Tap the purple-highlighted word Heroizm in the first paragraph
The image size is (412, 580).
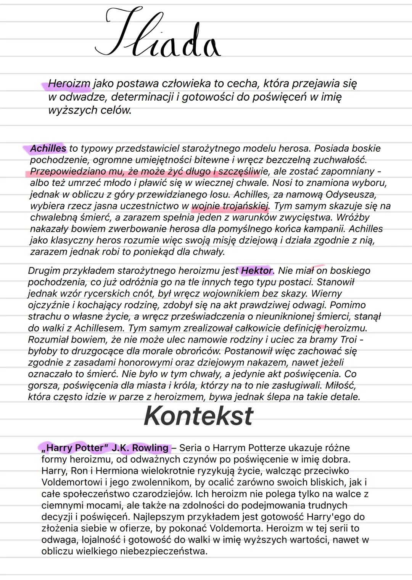pos(69,83)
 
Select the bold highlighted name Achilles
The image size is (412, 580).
pos(48,148)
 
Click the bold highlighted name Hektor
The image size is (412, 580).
pos(257,271)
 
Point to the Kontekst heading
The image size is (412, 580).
pos(198,416)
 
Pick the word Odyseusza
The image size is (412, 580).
pos(351,194)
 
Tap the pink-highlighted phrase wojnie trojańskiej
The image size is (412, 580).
pos(230,206)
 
